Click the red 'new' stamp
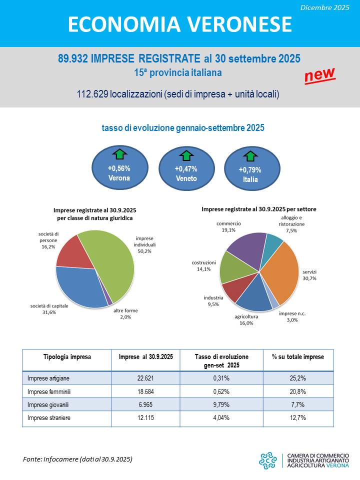(320, 75)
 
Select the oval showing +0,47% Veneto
(186, 170)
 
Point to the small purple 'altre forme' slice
(110, 301)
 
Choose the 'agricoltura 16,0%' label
(246, 319)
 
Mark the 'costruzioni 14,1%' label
(203, 265)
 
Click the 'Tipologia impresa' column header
(67, 357)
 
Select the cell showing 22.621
(145, 378)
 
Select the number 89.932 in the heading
(73, 59)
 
